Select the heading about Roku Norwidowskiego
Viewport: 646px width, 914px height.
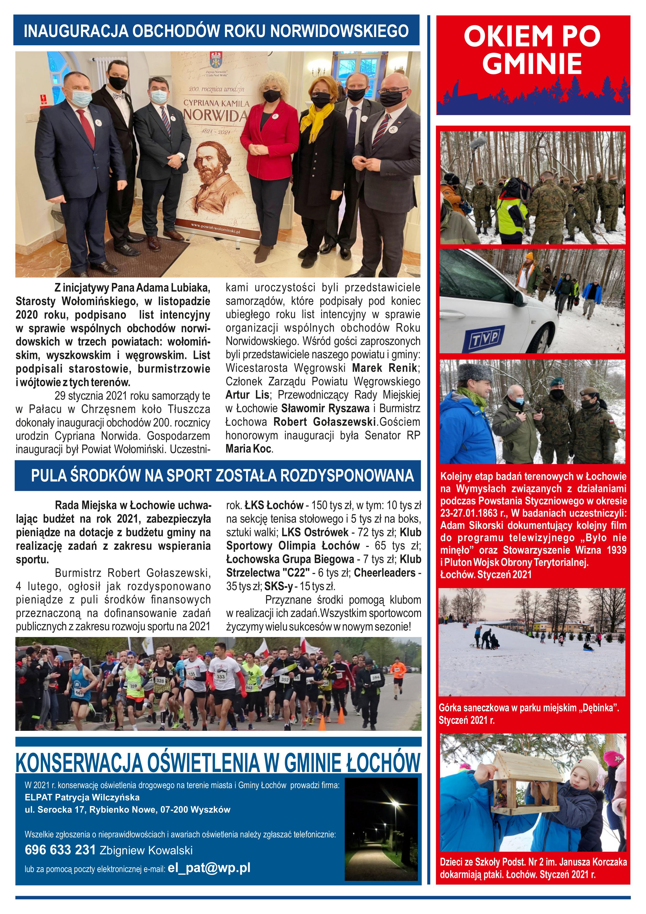pos(216,31)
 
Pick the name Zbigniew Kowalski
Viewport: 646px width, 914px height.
pos(146,851)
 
